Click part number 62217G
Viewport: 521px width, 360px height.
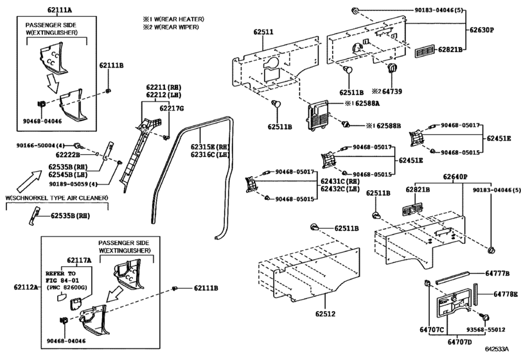point(171,109)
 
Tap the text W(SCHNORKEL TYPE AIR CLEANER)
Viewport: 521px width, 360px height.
point(56,197)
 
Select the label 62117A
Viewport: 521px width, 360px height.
point(79,260)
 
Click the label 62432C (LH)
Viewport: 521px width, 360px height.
point(341,190)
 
